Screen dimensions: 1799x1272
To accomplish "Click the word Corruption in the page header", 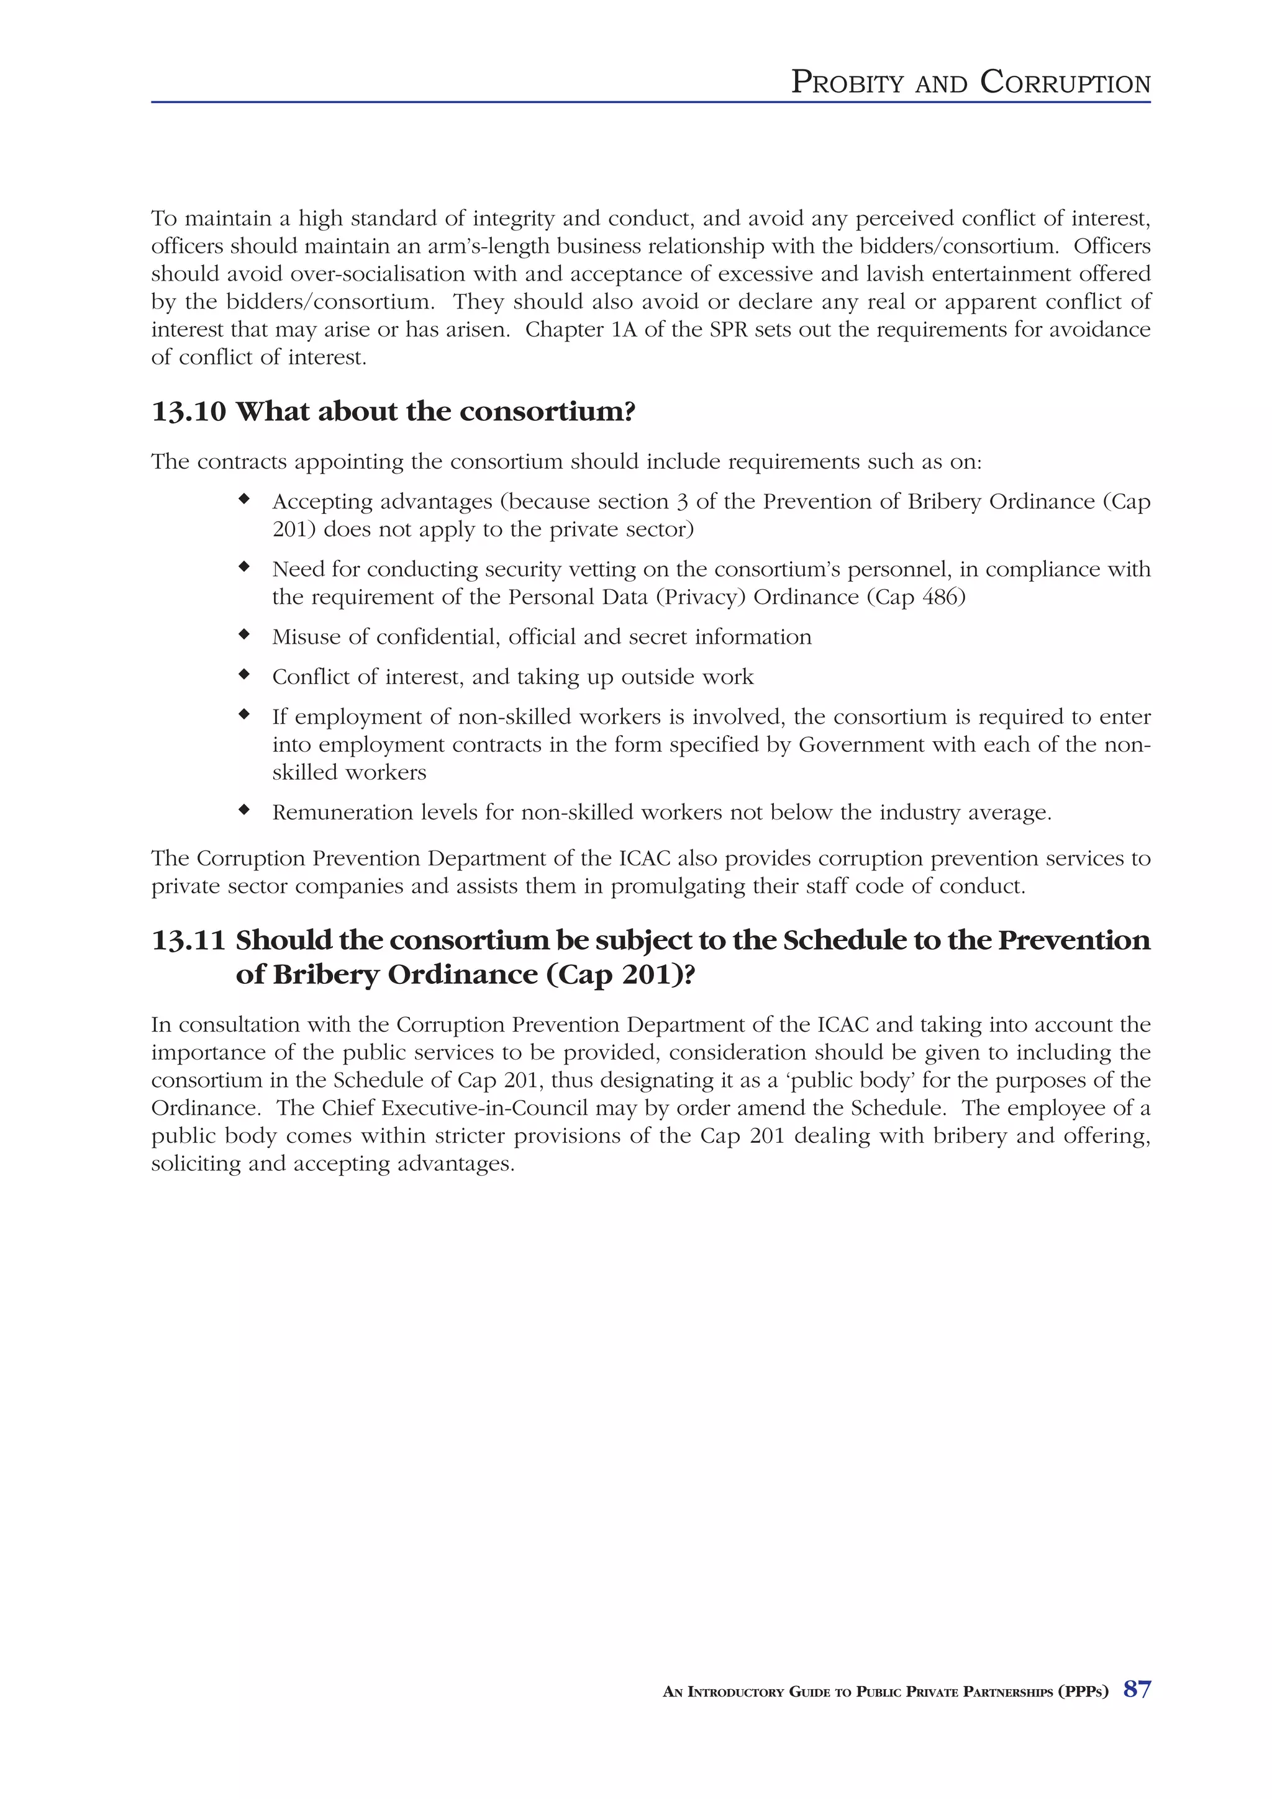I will pyautogui.click(x=1065, y=83).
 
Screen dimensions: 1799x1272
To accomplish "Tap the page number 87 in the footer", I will pyautogui.click(x=1137, y=1689).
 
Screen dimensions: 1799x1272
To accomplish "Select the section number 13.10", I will pyautogui.click(x=188, y=412).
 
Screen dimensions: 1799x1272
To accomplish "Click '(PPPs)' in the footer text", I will pyautogui.click(x=1083, y=1692).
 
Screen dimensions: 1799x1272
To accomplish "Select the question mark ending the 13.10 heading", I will pyautogui.click(x=629, y=412).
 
